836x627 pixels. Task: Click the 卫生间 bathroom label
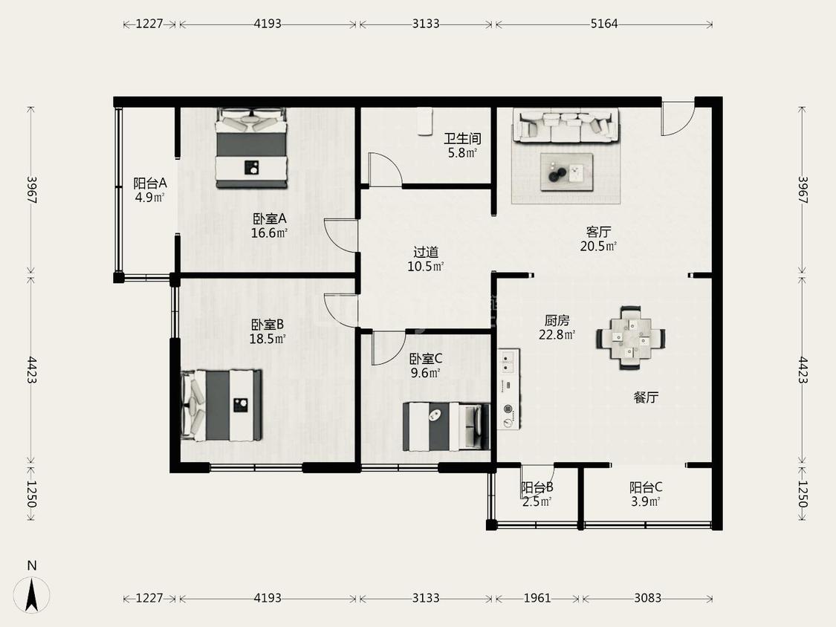pyautogui.click(x=462, y=139)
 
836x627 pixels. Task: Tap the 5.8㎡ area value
pyautogui.click(x=462, y=153)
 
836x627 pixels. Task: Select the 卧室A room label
pyautogui.click(x=269, y=218)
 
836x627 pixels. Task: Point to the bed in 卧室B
pyautogui.click(x=221, y=406)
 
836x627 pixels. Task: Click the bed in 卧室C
pyautogui.click(x=447, y=426)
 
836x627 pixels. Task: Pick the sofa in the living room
pyautogui.click(x=566, y=126)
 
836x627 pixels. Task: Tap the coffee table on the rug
pyautogui.click(x=566, y=172)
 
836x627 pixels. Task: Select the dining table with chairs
pyautogui.click(x=630, y=337)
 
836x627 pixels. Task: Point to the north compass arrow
pyautogui.click(x=32, y=594)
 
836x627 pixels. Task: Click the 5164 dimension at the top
pyautogui.click(x=604, y=24)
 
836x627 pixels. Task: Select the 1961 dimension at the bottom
pyautogui.click(x=537, y=598)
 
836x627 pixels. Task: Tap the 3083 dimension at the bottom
pyautogui.click(x=647, y=598)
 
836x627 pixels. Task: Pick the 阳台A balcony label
pyautogui.click(x=150, y=183)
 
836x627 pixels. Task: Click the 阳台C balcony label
pyautogui.click(x=646, y=487)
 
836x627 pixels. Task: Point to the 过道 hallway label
pyautogui.click(x=426, y=252)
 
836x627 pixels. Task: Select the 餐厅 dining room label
pyautogui.click(x=646, y=397)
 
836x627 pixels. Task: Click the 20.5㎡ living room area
pyautogui.click(x=598, y=247)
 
